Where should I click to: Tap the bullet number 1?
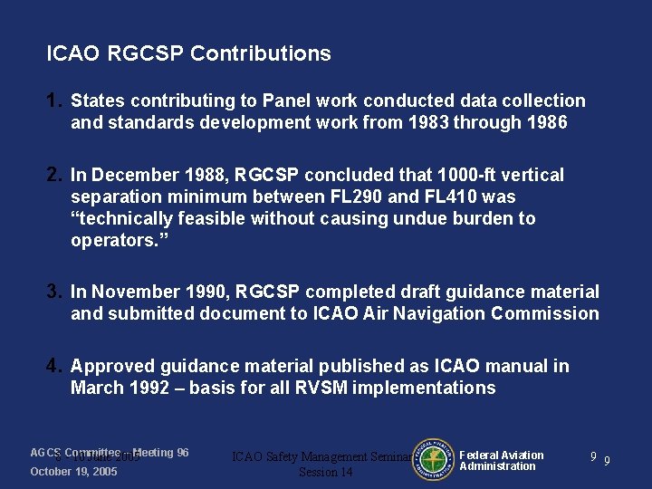tap(54, 101)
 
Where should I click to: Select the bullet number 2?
tap(54, 175)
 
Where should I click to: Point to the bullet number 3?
tap(54, 292)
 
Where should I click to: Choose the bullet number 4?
tap(54, 366)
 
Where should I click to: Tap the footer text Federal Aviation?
tap(502, 455)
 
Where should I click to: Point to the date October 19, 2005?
tap(73, 472)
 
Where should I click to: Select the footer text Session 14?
tap(326, 472)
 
